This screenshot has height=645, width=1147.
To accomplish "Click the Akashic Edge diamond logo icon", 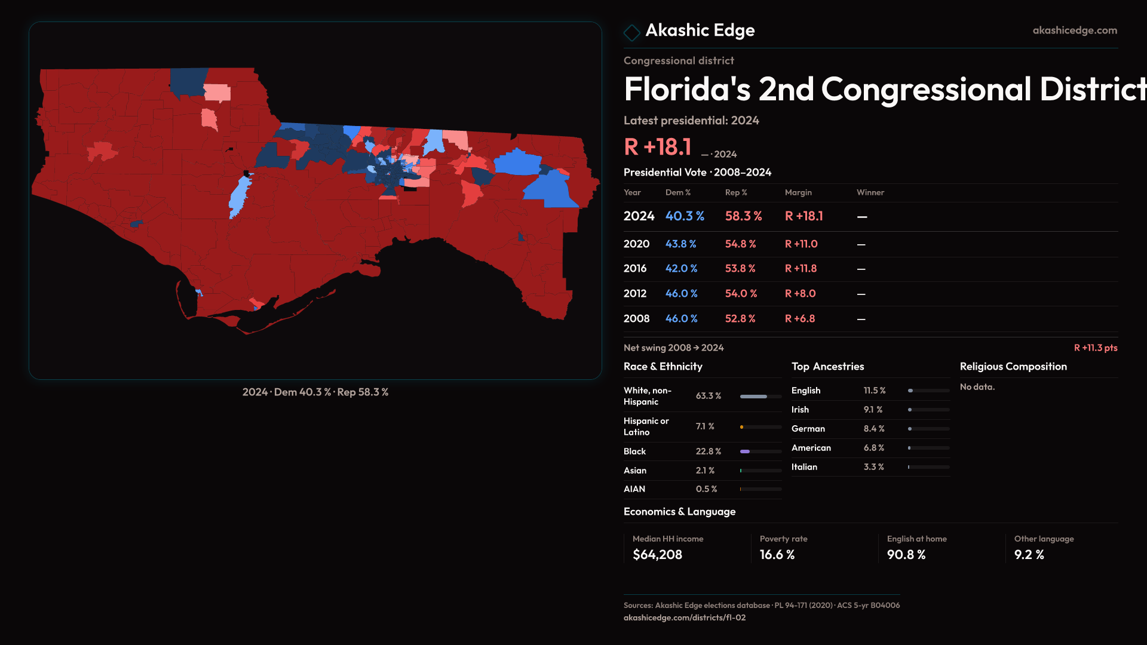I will (x=631, y=32).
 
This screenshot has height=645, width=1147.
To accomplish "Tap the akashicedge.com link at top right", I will (x=1075, y=30).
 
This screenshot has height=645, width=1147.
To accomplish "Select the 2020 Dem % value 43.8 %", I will (x=680, y=244).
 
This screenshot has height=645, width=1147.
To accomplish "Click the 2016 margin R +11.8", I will (x=801, y=269).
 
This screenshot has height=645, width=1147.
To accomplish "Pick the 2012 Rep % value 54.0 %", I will (x=741, y=294).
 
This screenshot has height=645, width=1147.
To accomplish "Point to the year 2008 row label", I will (x=636, y=319).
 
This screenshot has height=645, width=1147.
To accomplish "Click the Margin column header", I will (x=798, y=192).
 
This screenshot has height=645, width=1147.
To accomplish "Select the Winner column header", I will (x=870, y=192).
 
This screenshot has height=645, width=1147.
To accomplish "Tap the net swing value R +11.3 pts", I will (x=1095, y=348).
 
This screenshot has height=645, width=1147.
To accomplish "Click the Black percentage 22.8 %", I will (x=708, y=451).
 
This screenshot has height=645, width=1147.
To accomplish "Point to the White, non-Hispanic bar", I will (x=760, y=397).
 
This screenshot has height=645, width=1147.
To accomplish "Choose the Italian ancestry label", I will (x=804, y=467).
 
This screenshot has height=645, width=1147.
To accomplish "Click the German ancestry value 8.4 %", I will (x=873, y=429).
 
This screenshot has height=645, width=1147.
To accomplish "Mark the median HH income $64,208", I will (x=657, y=555).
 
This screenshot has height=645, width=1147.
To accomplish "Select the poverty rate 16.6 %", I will (x=777, y=555).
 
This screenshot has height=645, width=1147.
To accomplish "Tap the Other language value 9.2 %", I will (x=1029, y=555).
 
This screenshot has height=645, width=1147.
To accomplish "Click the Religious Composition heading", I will (x=1013, y=367).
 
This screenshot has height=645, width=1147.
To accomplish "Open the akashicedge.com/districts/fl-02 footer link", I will (x=685, y=618).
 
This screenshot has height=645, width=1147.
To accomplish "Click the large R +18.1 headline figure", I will (x=657, y=147).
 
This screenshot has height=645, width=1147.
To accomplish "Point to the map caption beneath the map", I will (x=315, y=392).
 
